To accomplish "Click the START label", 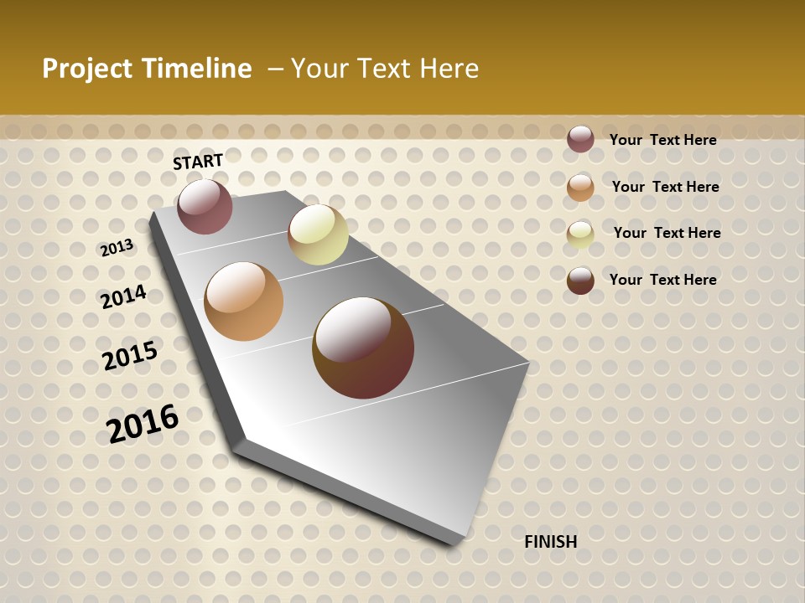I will tap(198, 162).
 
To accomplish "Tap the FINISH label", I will tap(551, 542).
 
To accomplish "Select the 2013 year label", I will tap(117, 247).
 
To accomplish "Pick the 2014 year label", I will tap(123, 296).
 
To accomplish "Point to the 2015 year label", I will tap(130, 355).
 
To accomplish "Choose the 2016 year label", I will tap(143, 424).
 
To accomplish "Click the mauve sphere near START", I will tap(205, 206).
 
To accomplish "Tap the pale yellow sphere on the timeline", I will tap(318, 234).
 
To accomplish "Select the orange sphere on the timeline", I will tap(244, 301).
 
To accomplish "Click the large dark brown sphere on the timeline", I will tap(363, 348).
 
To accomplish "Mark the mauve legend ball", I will tap(580, 139).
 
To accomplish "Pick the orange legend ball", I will tap(580, 188).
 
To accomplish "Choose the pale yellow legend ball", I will tap(580, 234).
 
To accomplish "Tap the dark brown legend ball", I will tap(580, 281).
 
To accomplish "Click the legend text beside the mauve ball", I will tap(662, 140).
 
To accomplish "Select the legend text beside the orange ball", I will tap(665, 187).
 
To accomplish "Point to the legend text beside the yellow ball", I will tap(667, 233).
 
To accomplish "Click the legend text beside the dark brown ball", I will tap(662, 280).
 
